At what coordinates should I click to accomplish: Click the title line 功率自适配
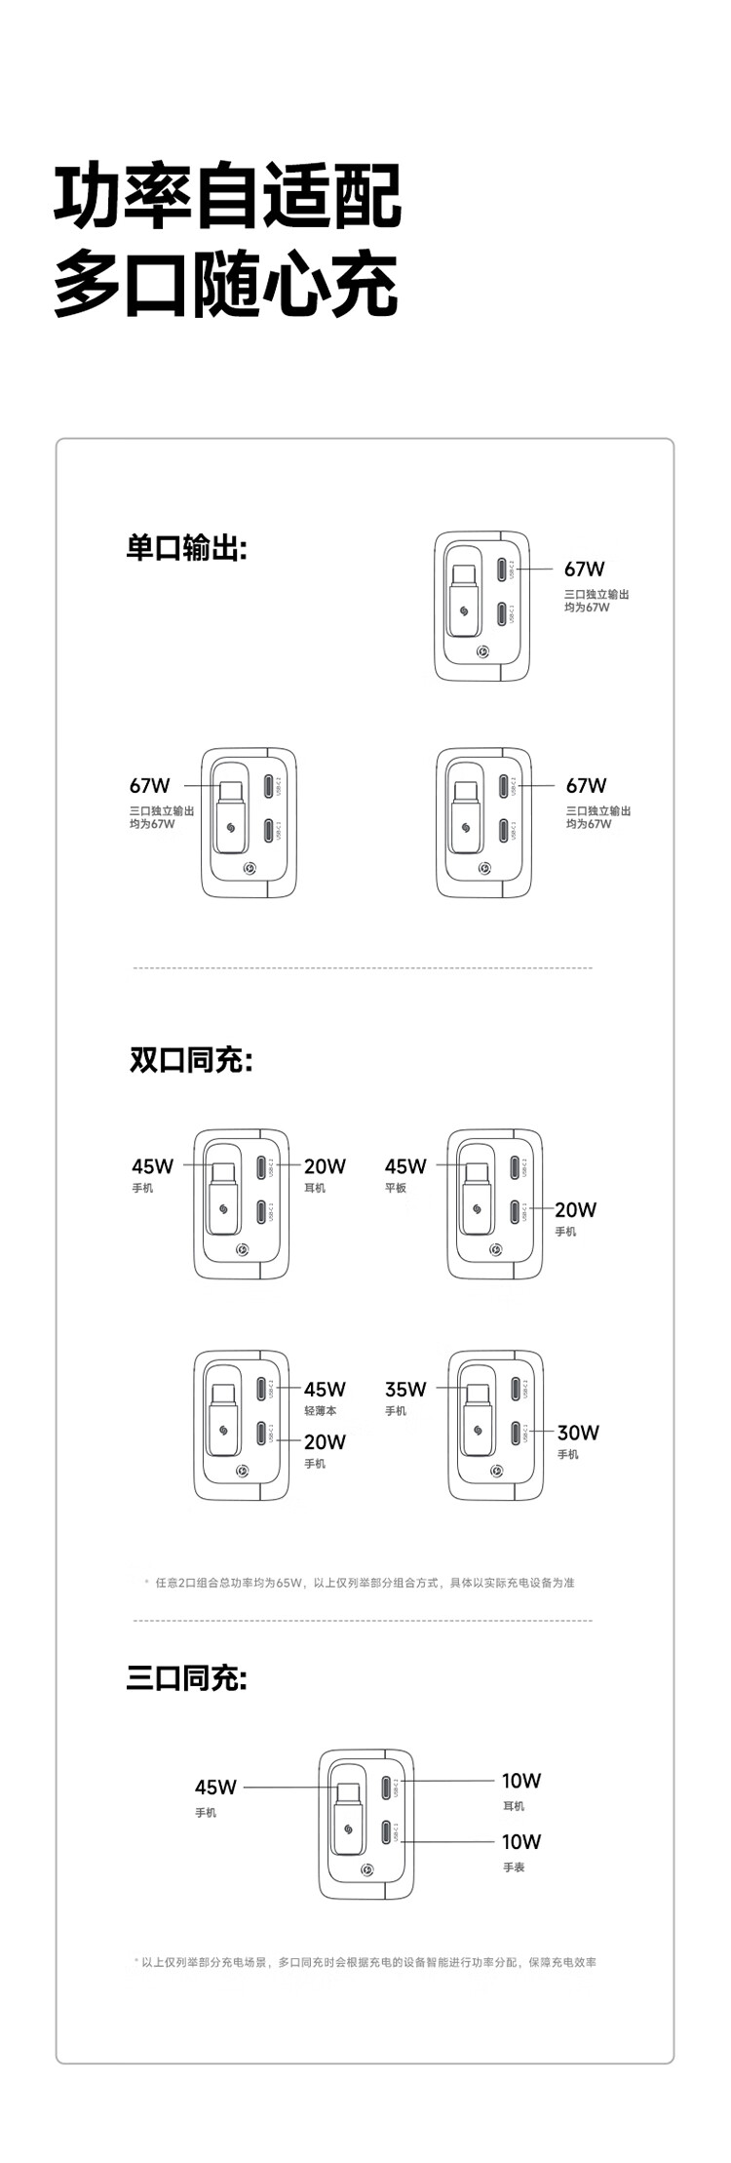click(x=227, y=197)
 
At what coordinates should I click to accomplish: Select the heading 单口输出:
click(x=186, y=547)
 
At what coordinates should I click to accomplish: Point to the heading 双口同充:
click(x=191, y=1059)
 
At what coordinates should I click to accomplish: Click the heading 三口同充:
click(x=186, y=1677)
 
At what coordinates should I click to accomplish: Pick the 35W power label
click(x=405, y=1389)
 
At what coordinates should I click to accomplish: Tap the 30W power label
click(x=578, y=1432)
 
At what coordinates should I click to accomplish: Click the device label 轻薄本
click(x=320, y=1411)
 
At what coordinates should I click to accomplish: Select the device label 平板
click(x=396, y=1188)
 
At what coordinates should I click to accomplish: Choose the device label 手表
click(x=514, y=1867)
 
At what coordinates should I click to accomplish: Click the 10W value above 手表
click(x=521, y=1841)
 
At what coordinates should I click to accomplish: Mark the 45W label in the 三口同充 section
click(x=215, y=1787)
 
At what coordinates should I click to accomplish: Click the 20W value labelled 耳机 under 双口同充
click(x=325, y=1165)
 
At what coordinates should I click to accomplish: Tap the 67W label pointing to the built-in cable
click(x=149, y=785)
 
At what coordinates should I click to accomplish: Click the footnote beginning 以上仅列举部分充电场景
click(x=368, y=1961)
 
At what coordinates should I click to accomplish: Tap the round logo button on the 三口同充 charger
click(x=367, y=1869)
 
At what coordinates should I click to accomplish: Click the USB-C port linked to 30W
click(x=515, y=1433)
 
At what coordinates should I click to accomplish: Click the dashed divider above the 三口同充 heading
click(x=363, y=1621)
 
